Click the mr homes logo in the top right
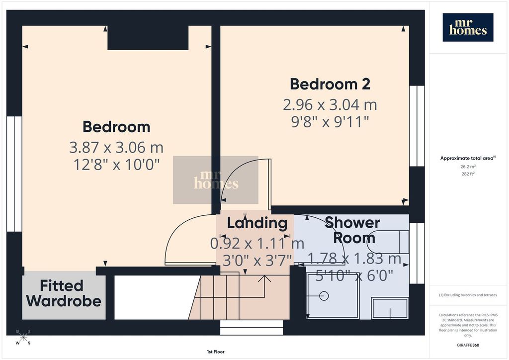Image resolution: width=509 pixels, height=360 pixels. (468, 27)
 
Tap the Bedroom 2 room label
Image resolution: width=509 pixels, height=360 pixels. (330, 84)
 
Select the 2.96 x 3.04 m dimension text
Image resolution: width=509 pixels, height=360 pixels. (330, 105)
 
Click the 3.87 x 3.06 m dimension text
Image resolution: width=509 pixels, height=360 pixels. (116, 147)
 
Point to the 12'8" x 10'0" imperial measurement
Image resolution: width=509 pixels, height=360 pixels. (116, 164)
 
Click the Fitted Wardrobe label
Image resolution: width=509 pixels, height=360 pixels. (64, 293)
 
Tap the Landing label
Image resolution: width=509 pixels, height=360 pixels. (257, 223)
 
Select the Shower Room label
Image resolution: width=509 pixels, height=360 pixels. (353, 230)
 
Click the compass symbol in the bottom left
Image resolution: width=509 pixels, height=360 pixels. (23, 337)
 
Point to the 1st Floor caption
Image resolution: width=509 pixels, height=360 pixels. (216, 352)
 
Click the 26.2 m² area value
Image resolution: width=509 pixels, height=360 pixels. (468, 167)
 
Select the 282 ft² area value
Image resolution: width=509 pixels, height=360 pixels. (468, 174)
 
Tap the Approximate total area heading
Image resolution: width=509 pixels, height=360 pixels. (468, 158)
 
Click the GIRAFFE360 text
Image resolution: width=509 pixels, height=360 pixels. (468, 345)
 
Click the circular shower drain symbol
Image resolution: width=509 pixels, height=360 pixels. (324, 296)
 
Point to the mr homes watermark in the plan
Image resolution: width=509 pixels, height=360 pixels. (216, 180)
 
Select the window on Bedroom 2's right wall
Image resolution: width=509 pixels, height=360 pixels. (417, 126)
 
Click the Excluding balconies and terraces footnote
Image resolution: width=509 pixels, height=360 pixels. (468, 295)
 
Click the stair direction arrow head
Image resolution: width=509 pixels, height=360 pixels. (264, 278)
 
